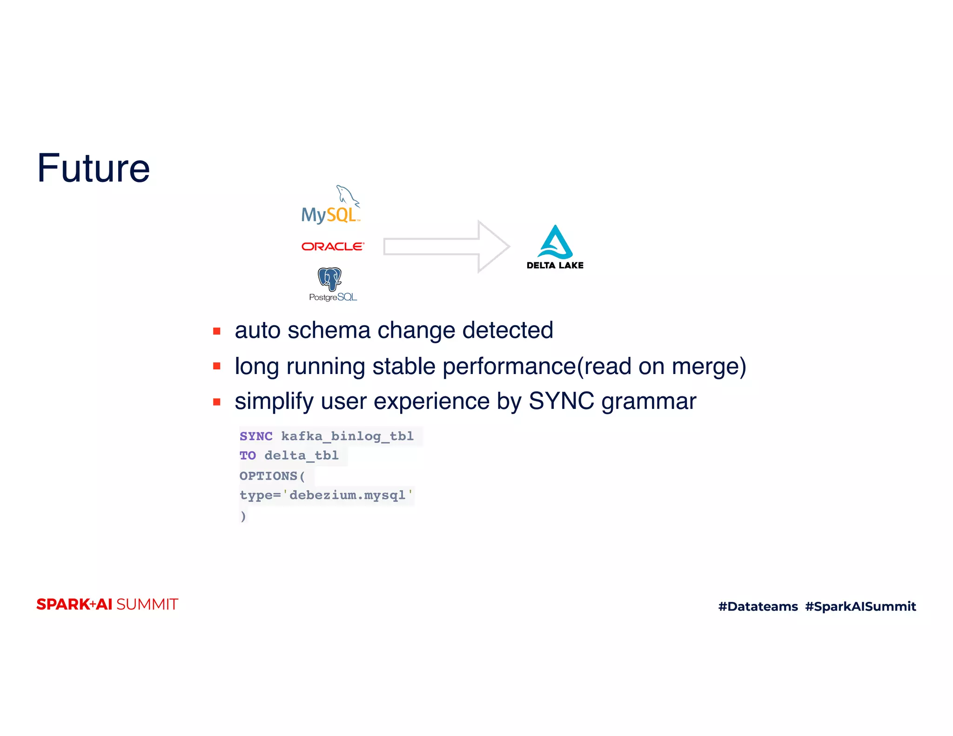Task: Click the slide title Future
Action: point(94,168)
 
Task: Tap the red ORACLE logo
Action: point(333,247)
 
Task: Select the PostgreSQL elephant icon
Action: point(329,279)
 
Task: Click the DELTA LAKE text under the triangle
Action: point(555,266)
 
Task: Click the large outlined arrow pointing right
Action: point(446,247)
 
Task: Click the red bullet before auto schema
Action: point(217,331)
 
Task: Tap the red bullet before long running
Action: point(217,366)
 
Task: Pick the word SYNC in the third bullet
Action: point(561,401)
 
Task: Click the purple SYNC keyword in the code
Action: point(256,436)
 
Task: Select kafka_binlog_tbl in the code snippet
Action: point(347,436)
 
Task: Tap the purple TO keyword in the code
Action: point(248,455)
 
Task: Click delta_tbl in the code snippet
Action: point(302,455)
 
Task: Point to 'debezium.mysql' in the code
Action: point(348,495)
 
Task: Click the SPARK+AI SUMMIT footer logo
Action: point(107,604)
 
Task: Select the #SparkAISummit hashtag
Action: point(860,607)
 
